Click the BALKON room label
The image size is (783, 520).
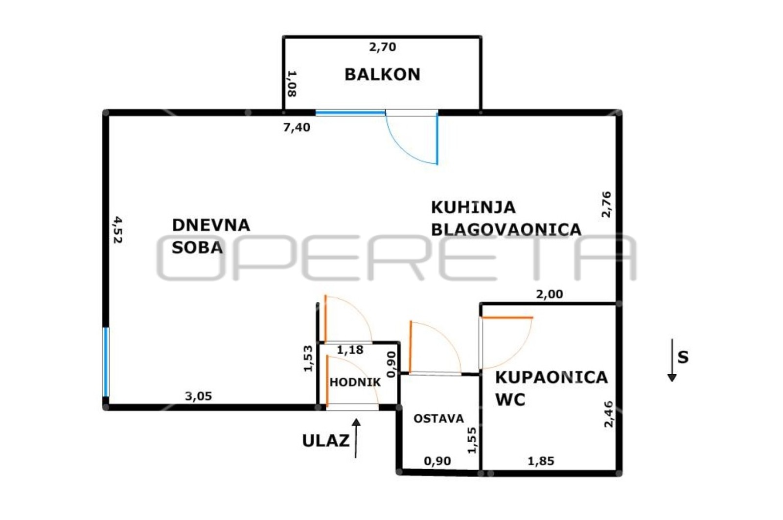[382, 74]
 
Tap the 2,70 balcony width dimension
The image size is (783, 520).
[383, 47]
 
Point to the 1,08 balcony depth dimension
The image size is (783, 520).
[292, 84]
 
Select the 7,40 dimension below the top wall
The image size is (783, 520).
[297, 127]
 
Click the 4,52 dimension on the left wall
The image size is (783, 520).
[117, 229]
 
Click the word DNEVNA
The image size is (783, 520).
[211, 225]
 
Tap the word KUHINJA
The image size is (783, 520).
[473, 207]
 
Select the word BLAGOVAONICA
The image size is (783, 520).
[506, 229]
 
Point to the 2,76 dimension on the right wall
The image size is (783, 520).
[606, 204]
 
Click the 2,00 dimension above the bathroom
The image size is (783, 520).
[550, 294]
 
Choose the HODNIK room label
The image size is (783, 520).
[355, 383]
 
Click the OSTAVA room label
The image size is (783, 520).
[438, 418]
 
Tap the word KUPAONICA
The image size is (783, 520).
[552, 378]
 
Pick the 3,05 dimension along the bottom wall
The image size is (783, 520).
[199, 396]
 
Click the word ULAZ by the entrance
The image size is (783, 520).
[326, 441]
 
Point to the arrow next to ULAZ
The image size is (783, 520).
[356, 438]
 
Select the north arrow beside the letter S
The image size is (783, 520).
[672, 360]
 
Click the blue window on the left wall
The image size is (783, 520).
[106, 362]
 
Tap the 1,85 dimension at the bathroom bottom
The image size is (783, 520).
[541, 461]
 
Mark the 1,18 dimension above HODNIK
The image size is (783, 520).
[350, 350]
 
